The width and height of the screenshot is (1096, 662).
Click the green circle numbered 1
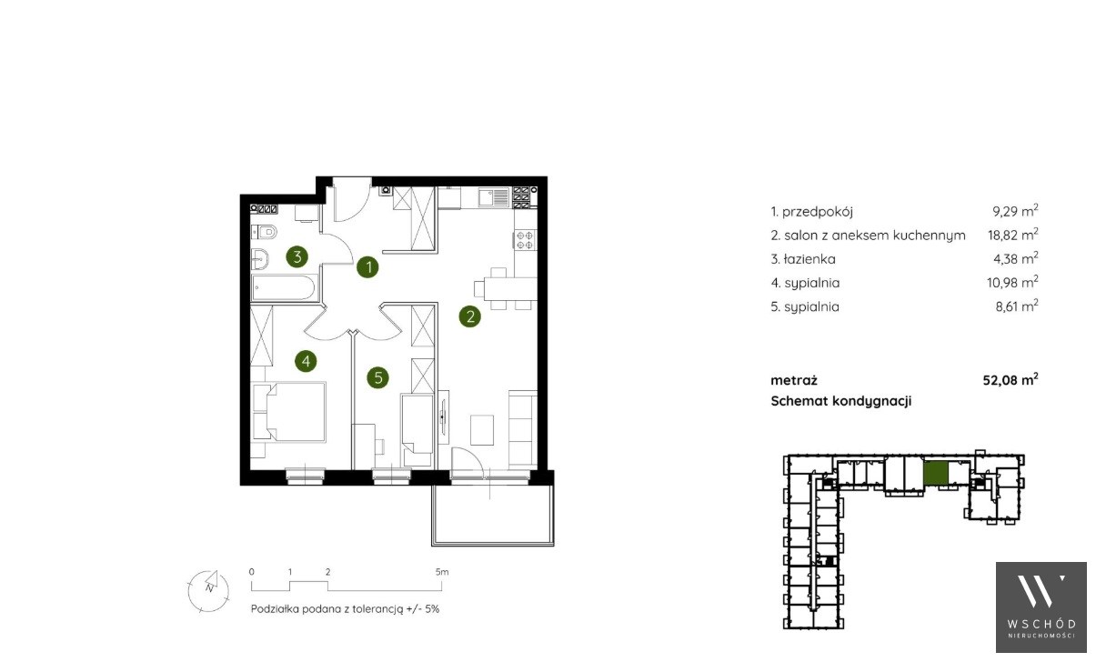(x=367, y=266)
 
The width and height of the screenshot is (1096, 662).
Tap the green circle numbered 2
(x=469, y=316)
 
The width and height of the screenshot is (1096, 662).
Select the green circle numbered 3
(x=297, y=256)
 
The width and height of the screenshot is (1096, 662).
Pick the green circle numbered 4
(x=306, y=361)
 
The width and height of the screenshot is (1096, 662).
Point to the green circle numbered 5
(x=378, y=377)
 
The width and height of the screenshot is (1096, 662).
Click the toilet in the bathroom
(x=264, y=232)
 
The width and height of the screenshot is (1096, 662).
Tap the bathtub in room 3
(x=285, y=287)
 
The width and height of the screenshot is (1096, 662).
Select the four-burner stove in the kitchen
(x=525, y=240)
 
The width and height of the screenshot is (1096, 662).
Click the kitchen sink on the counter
(x=494, y=197)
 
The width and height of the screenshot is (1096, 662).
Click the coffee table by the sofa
(x=482, y=429)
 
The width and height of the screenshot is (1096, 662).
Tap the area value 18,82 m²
(x=1013, y=235)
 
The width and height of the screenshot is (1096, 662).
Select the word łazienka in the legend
(x=809, y=259)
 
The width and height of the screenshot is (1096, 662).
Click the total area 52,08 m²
(x=1011, y=379)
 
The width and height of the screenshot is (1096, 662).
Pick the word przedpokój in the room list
(x=817, y=212)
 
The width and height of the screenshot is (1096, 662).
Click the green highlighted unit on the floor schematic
(x=936, y=473)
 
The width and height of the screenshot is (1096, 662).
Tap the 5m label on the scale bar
(x=442, y=571)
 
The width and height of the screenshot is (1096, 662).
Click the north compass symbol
(x=208, y=590)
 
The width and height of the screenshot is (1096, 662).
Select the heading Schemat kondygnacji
(x=841, y=401)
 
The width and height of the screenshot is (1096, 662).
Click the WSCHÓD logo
(x=1041, y=607)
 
